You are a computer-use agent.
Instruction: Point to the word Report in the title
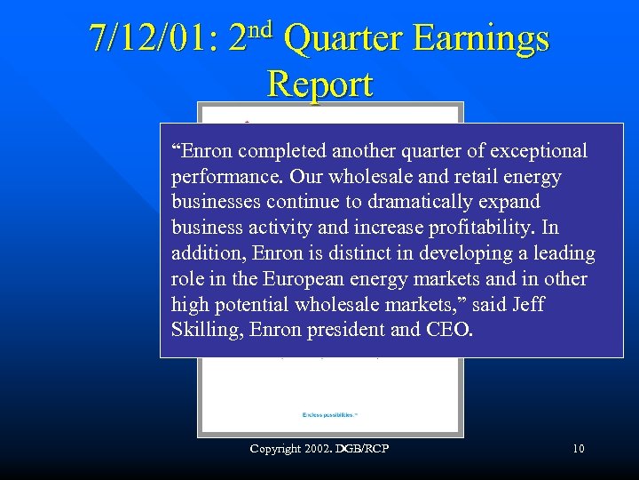click(x=319, y=84)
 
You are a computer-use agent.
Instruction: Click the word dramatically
click(x=370, y=203)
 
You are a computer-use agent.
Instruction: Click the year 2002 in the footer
click(x=317, y=449)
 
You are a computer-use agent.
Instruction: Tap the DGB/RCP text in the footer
click(x=365, y=449)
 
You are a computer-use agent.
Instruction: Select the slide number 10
click(x=579, y=449)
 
